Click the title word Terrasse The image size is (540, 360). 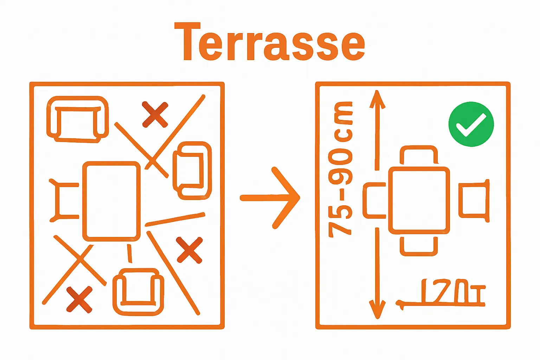270,42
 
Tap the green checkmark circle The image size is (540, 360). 471,124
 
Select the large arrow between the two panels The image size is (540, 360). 270,198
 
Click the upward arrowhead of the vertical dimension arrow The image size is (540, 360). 377,98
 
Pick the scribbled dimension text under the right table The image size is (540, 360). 443,292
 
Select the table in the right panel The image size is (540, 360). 419,201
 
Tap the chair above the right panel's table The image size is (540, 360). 419,155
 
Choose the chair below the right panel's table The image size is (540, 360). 419,246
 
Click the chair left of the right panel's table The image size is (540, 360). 375,200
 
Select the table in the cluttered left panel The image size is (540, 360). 111,201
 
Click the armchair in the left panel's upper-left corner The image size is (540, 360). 77,119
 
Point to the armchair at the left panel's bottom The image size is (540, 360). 138,291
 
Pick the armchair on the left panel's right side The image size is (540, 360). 192,171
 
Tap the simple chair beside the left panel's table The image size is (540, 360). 65,201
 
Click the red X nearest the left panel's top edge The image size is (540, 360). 155,114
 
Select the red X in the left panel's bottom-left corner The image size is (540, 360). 79,300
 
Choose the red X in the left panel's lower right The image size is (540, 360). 189,250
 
